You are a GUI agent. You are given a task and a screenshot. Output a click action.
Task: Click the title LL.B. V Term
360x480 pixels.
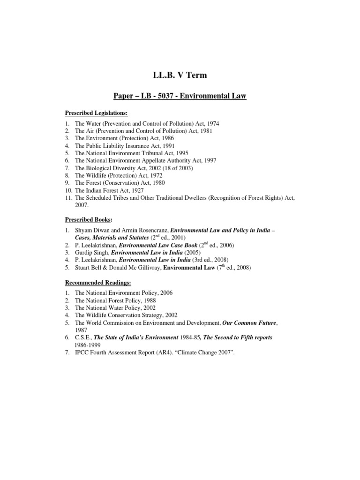click(x=180, y=76)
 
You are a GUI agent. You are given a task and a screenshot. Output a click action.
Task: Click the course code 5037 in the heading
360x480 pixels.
click(x=174, y=97)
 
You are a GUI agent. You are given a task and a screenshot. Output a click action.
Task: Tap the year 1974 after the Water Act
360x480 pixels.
click(x=212, y=123)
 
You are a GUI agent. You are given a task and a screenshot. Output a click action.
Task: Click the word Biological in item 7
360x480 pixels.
click(x=100, y=168)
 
